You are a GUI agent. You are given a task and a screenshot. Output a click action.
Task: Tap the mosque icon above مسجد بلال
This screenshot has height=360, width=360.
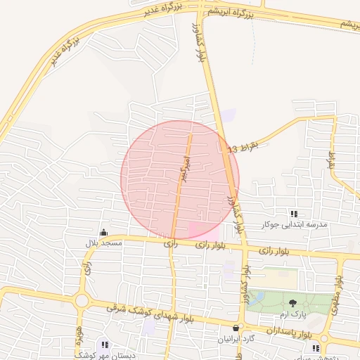[x=104, y=233]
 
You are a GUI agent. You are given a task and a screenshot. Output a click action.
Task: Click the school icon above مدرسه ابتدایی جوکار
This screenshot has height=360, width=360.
[x=294, y=214]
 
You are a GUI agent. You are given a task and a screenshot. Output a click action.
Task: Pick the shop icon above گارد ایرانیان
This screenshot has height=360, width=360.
[x=236, y=328]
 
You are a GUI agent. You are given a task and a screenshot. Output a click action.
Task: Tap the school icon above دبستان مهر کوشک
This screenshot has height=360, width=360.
[x=105, y=345]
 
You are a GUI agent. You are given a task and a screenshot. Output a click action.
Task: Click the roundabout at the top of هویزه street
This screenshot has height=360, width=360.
[x=82, y=301]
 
